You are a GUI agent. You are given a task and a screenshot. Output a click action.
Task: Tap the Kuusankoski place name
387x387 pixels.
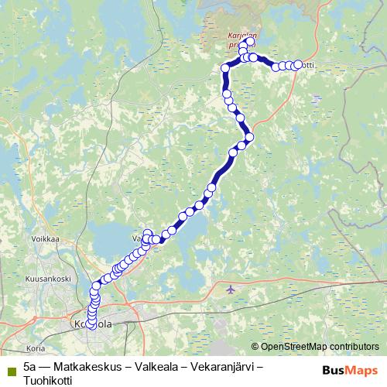47,278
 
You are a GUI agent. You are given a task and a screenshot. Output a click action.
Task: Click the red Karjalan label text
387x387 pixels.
242,36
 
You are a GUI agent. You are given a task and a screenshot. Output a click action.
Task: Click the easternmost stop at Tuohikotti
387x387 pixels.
297,64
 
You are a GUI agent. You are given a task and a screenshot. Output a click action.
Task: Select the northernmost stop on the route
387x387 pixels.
248,42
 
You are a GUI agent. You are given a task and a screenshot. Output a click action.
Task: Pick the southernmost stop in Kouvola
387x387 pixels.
91,326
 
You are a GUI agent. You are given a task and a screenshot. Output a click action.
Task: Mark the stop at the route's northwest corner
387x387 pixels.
225,68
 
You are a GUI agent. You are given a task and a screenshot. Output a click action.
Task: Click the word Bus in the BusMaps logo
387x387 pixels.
334,369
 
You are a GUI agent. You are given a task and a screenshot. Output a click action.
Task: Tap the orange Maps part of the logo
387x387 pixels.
361,369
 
